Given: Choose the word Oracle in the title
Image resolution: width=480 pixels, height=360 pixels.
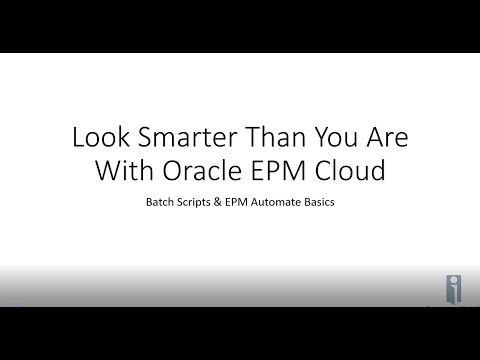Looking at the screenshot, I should pyautogui.click(x=208, y=171).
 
